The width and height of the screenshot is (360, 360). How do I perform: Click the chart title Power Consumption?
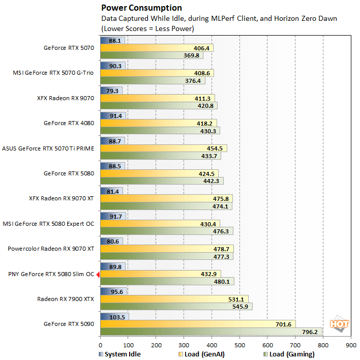[141, 8]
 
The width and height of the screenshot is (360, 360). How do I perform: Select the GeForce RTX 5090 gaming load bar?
[211, 332]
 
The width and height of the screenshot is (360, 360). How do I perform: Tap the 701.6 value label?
[283, 324]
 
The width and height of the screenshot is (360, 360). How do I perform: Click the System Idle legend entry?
[119, 354]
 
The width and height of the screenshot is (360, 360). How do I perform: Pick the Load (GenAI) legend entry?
[201, 354]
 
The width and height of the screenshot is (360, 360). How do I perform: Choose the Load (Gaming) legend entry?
[289, 354]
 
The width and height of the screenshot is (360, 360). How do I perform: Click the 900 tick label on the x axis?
[351, 345]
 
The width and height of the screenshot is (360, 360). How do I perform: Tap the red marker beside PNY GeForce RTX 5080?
[98, 274]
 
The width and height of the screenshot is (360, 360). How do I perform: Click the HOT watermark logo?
[339, 324]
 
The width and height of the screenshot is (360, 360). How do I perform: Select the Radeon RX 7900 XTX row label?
[66, 299]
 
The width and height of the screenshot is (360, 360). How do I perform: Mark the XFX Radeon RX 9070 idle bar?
[111, 91]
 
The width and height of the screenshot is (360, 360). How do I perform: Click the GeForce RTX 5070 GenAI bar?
[157, 48]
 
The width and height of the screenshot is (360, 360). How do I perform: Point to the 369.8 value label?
[191, 55]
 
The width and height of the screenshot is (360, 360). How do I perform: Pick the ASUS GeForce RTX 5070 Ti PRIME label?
[48, 148]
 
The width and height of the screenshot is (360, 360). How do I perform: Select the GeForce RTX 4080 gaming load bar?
[160, 131]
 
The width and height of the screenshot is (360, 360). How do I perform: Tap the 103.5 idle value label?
[117, 317]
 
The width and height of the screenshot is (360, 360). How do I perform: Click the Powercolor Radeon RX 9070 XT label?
[51, 249]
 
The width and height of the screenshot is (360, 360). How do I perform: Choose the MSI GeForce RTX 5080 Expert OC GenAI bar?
[160, 224]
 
